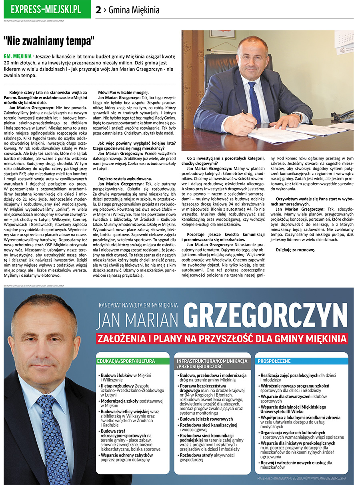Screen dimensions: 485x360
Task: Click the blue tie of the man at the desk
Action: coord(254,102)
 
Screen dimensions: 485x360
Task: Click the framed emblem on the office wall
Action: coord(222,34)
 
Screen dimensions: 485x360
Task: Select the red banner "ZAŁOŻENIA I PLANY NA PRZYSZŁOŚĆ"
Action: coord(222,339)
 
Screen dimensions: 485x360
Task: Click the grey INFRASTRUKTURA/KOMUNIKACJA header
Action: coord(212,363)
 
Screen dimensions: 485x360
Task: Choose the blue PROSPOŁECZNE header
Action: coord(274,361)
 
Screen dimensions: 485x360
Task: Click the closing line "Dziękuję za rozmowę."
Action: coord(296,250)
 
